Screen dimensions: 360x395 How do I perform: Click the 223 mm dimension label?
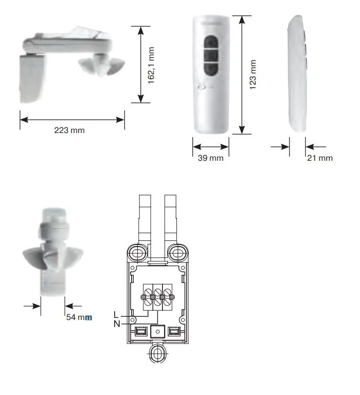(69, 130)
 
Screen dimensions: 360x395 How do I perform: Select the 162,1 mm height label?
(151, 65)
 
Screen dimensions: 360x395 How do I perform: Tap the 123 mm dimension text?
(253, 74)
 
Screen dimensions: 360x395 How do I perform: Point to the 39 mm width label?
(211, 158)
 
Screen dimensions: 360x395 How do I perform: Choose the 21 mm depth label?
(320, 158)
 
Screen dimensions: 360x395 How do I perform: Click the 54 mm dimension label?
(79, 317)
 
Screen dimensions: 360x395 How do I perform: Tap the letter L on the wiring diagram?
(116, 315)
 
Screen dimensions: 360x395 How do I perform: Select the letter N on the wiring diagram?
(117, 324)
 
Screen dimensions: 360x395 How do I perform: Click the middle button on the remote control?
(211, 55)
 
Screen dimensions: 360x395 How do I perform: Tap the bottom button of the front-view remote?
(211, 68)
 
